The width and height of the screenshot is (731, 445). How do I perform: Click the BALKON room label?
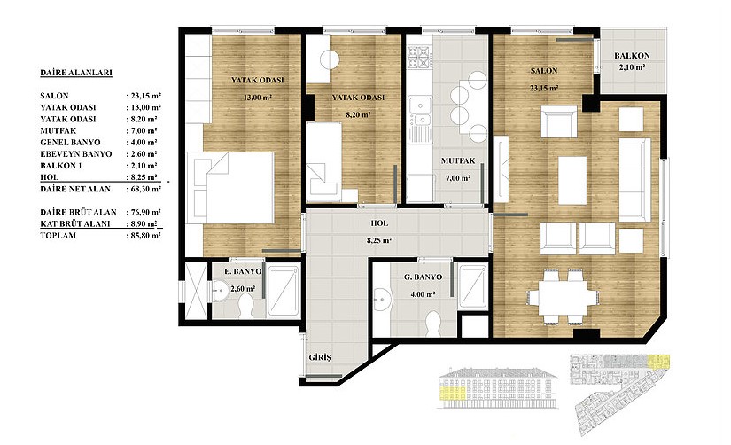pyautogui.click(x=632, y=56)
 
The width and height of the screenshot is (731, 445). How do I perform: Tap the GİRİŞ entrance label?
pyautogui.click(x=320, y=358)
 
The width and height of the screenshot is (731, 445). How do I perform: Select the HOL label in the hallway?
pyautogui.click(x=379, y=223)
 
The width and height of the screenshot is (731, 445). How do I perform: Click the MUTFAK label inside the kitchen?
pyautogui.click(x=458, y=161)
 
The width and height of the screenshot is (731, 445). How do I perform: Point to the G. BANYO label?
pyautogui.click(x=423, y=277)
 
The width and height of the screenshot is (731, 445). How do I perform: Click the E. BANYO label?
pyautogui.click(x=243, y=271)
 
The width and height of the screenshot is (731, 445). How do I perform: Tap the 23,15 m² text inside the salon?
pyautogui.click(x=543, y=88)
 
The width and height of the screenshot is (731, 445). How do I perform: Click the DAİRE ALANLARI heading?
pyautogui.click(x=76, y=73)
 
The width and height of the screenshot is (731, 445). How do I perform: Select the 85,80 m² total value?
pyautogui.click(x=144, y=236)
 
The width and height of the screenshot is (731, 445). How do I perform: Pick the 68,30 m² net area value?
pyautogui.click(x=144, y=189)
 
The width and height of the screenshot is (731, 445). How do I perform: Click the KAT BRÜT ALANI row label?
pyautogui.click(x=75, y=224)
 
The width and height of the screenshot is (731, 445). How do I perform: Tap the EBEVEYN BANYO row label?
pyautogui.click(x=76, y=154)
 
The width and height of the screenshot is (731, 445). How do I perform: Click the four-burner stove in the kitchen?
pyautogui.click(x=418, y=57)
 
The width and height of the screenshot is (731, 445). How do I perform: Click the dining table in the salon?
pyautogui.click(x=562, y=299)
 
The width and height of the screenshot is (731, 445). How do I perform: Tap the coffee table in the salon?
pyautogui.click(x=572, y=181)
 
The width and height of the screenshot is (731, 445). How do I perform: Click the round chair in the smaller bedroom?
pyautogui.click(x=330, y=59)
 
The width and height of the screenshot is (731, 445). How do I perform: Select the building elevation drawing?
pyautogui.click(x=498, y=387)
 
